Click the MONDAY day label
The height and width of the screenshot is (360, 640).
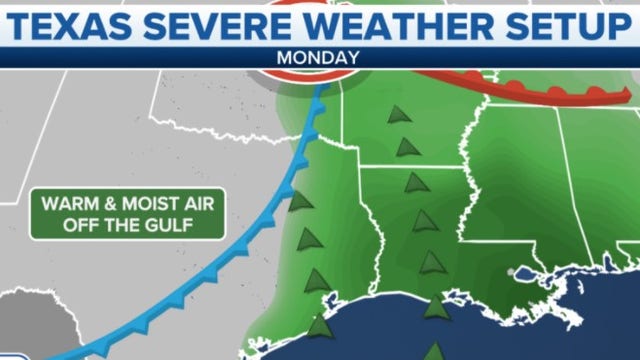click(319, 58)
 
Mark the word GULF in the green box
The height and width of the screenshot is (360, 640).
click(171, 224)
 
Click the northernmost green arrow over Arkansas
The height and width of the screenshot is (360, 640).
click(399, 114)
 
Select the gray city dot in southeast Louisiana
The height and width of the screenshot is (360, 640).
click(514, 271)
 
